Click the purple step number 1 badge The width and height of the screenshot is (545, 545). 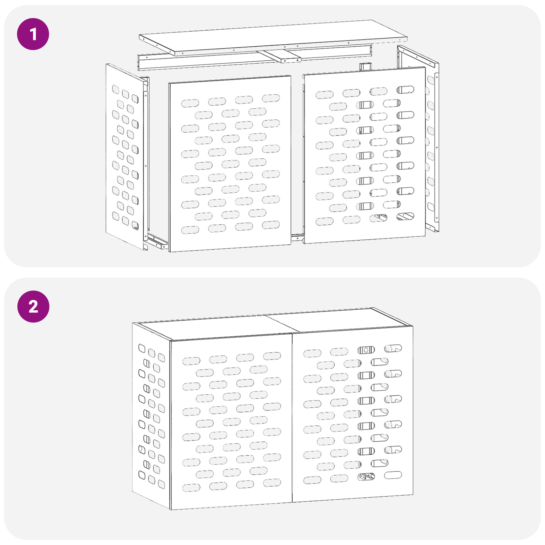(33, 34)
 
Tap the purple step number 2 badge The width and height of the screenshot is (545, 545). (33, 307)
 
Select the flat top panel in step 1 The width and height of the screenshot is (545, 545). (273, 37)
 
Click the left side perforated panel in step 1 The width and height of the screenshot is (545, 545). (125, 157)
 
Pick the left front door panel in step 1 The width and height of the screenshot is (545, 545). (230, 163)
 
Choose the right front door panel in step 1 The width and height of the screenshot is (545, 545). (364, 155)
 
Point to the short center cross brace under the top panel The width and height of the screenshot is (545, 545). (282, 56)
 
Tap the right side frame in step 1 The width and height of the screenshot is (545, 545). (418, 138)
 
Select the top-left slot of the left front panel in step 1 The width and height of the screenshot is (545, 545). (190, 103)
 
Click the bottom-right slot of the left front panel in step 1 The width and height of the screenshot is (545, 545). (271, 225)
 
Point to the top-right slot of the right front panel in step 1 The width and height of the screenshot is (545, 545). (405, 90)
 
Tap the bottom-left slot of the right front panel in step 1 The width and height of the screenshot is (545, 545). (325, 221)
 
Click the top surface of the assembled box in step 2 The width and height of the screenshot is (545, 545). (272, 324)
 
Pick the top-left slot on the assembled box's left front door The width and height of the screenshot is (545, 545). (191, 361)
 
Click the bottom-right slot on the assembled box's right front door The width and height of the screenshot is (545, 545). (393, 475)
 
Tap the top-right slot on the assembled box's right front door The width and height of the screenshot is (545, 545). (393, 348)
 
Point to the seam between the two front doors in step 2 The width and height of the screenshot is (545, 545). (292, 418)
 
